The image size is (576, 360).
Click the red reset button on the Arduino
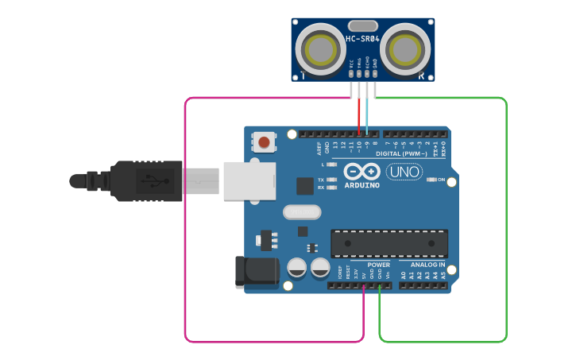pos(265,143)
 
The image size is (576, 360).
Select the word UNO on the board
pos(404,172)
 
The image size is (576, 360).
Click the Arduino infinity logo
pos(361,171)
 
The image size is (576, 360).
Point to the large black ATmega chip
pos(389,242)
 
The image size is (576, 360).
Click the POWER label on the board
pos(379,265)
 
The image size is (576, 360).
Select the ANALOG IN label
pos(427,265)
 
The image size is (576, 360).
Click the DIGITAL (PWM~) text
pos(405,153)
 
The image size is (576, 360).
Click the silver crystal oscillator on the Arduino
pos(302,212)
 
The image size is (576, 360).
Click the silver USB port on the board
pos(249,180)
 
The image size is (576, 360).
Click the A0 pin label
pos(403,274)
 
